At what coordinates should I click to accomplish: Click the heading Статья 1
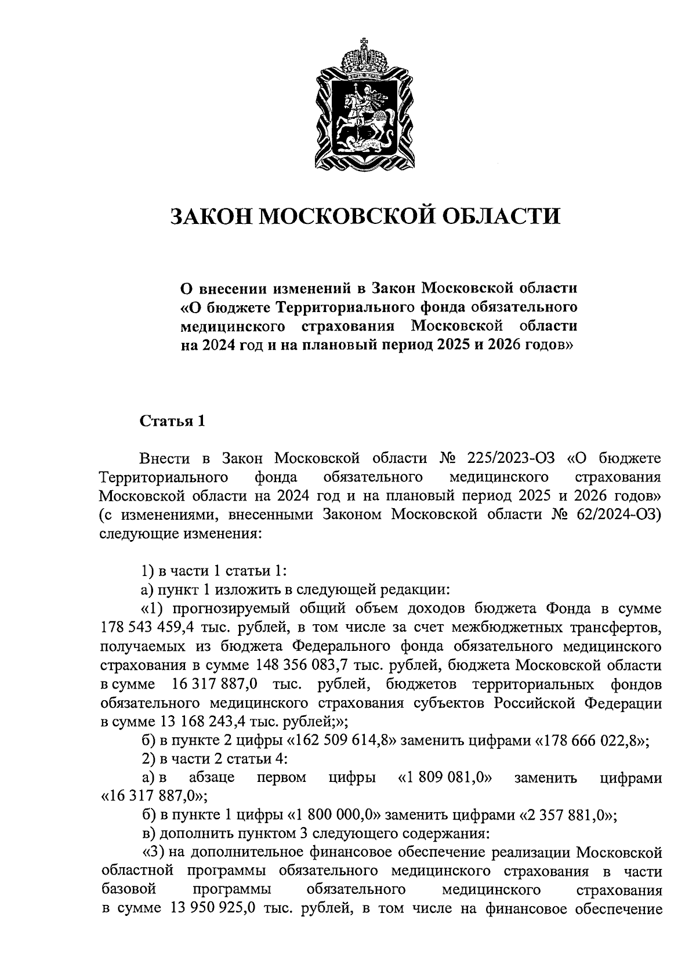pos(172,421)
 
